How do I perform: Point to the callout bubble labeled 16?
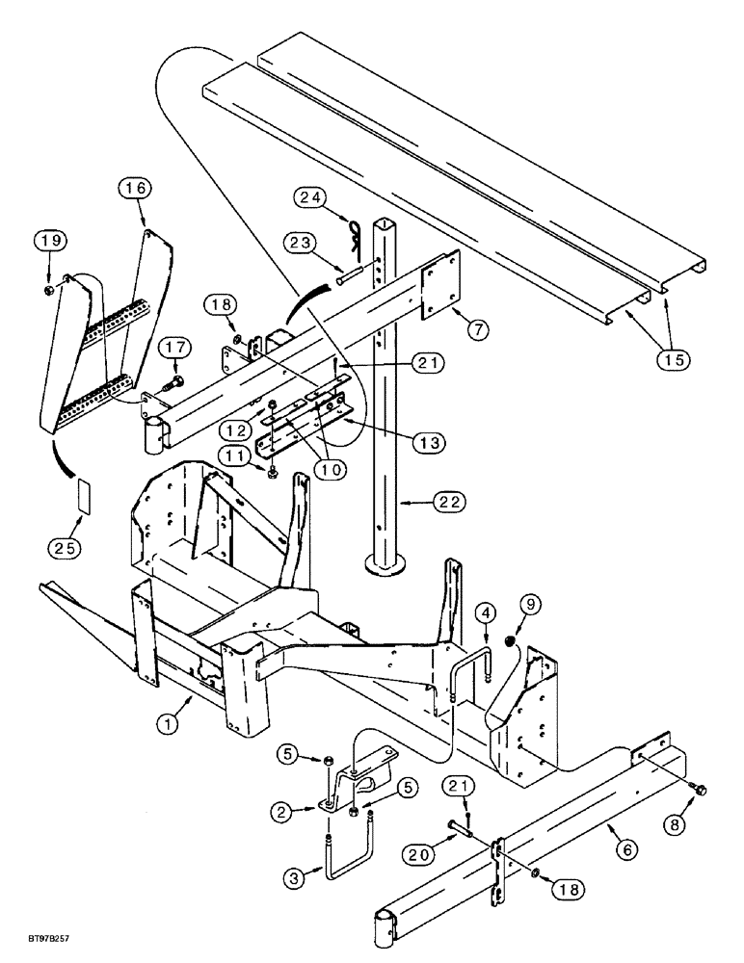(135, 189)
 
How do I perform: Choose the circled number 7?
(481, 327)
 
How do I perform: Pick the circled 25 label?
(65, 548)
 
